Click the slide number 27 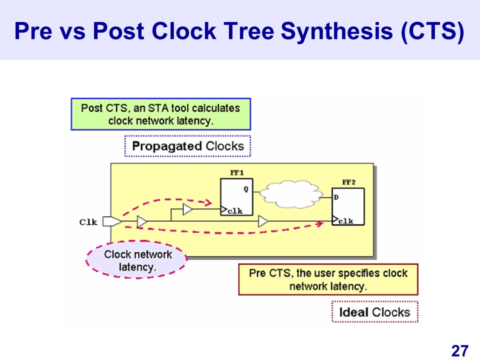(x=460, y=350)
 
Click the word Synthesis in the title (x=336, y=31)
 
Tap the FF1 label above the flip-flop (x=237, y=172)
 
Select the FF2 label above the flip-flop (x=348, y=182)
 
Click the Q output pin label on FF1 (x=246, y=189)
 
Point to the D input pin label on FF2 (x=336, y=197)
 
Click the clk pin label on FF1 (x=235, y=211)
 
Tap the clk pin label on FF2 (x=346, y=221)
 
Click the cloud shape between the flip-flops (x=291, y=194)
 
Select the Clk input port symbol (x=112, y=221)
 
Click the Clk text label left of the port (x=88, y=222)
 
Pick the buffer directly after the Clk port (x=141, y=221)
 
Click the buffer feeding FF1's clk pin (x=187, y=209)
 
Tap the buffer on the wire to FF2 (x=263, y=221)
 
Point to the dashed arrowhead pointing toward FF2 (x=319, y=224)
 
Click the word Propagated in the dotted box (x=167, y=146)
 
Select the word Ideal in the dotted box (x=353, y=312)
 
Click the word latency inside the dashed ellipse (x=137, y=267)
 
